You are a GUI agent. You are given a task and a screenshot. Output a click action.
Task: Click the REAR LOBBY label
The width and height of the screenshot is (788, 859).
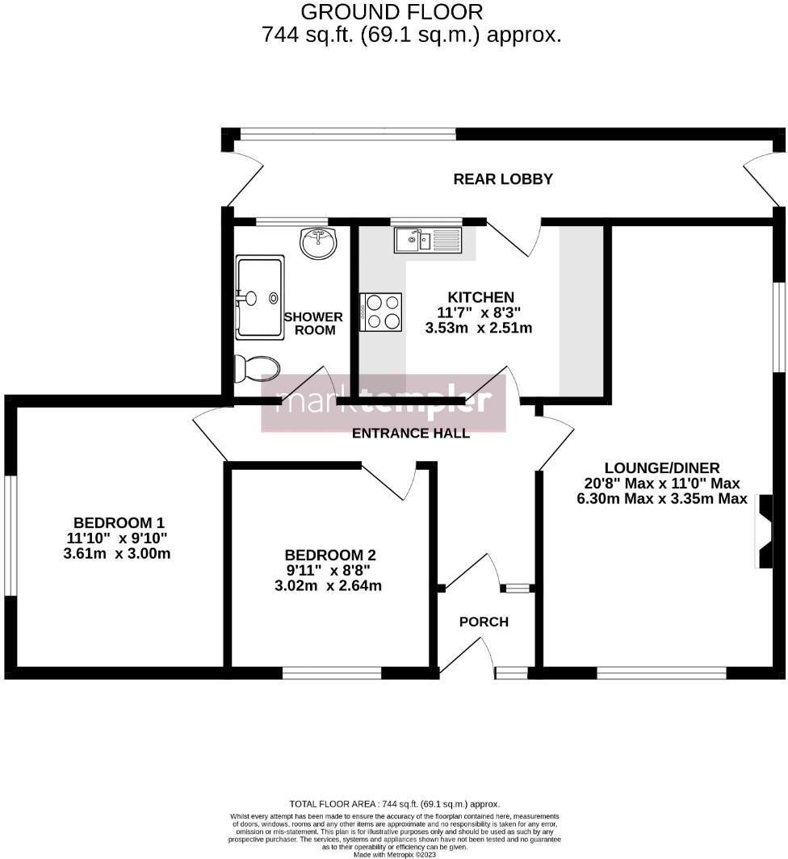pyautogui.click(x=502, y=179)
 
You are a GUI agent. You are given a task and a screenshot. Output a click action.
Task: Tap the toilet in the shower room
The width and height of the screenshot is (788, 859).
pyautogui.click(x=256, y=369)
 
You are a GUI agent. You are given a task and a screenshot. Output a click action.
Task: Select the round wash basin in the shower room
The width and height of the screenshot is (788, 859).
pyautogui.click(x=319, y=243)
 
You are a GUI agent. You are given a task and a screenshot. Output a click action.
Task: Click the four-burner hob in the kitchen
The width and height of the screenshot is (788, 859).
pyautogui.click(x=382, y=312)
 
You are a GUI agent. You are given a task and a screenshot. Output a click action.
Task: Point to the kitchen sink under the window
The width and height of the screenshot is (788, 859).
pyautogui.click(x=426, y=240)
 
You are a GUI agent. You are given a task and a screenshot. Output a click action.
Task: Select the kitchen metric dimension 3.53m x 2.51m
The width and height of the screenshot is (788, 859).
pyautogui.click(x=479, y=328)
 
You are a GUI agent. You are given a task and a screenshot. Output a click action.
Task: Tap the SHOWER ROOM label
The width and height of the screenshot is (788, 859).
pyautogui.click(x=313, y=324)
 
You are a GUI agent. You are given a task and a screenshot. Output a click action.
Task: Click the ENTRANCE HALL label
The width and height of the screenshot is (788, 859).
pyautogui.click(x=411, y=434)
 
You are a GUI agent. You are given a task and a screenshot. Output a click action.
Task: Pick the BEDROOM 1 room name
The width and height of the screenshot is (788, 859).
pyautogui.click(x=119, y=522)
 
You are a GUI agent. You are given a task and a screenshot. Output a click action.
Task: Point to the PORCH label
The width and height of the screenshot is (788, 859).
pyautogui.click(x=484, y=622)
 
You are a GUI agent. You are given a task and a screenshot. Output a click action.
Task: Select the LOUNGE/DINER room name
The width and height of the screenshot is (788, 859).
pyautogui.click(x=662, y=467)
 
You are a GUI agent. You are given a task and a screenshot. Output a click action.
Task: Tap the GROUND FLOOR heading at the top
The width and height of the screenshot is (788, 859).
pyautogui.click(x=392, y=12)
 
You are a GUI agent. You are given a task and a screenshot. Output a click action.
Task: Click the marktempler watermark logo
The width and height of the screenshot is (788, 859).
pyautogui.click(x=384, y=402)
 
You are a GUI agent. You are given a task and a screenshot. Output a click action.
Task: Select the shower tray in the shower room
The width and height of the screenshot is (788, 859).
pyautogui.click(x=259, y=297)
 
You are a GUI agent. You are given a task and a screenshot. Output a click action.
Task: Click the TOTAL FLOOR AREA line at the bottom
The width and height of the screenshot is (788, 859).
pyautogui.click(x=394, y=804)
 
